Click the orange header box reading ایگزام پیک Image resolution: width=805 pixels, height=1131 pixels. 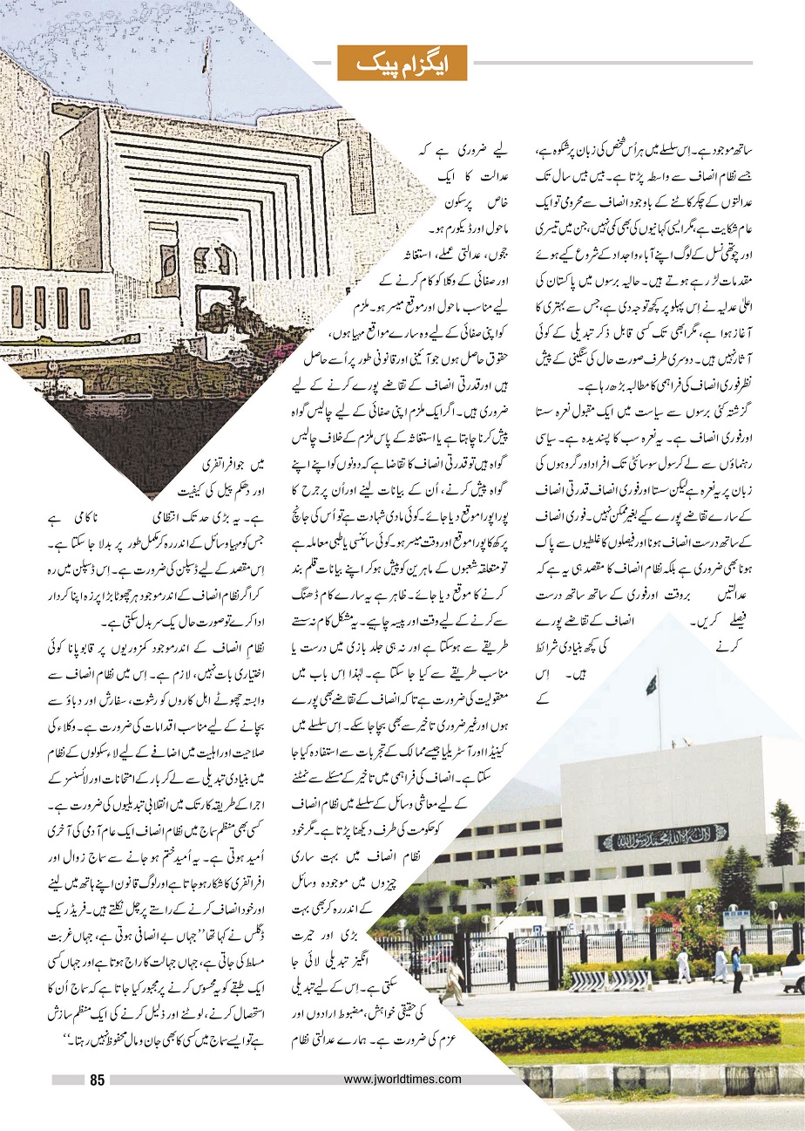[x=402, y=63]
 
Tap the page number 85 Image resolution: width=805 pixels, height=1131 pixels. [x=97, y=1081]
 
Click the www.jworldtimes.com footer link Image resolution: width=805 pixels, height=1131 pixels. [x=402, y=1079]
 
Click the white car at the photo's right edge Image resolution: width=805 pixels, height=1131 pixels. [x=793, y=977]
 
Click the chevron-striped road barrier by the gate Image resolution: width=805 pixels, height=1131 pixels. [x=610, y=979]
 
